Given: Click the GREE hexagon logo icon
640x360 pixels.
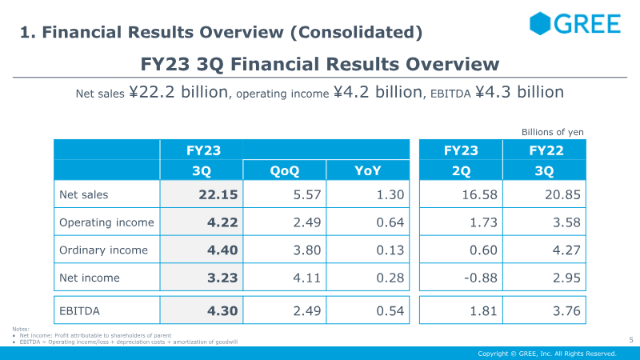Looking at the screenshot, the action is click(540, 23).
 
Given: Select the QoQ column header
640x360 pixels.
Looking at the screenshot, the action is click(285, 170).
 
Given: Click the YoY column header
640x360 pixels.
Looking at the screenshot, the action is click(368, 170).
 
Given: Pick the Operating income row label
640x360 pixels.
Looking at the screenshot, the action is click(106, 222).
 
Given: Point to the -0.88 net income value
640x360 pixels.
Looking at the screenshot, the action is click(481, 278).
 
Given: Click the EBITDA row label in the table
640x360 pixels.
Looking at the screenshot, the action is click(79, 311).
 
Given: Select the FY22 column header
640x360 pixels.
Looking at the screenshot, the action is click(546, 150).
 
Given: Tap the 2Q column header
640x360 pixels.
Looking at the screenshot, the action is click(462, 170).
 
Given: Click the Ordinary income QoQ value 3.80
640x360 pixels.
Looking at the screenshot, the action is click(307, 250).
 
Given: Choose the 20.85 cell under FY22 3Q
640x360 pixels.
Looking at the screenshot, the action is click(562, 194).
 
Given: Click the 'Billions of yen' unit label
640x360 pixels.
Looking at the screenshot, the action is click(553, 132).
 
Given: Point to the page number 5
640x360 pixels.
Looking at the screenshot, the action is click(631, 339).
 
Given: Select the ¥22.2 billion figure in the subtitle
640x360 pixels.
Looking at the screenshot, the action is click(178, 92).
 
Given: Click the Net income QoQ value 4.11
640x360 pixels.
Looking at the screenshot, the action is click(307, 278).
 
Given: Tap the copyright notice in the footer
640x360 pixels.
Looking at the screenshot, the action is click(547, 354).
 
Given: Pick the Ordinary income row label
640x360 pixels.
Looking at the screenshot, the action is click(103, 250).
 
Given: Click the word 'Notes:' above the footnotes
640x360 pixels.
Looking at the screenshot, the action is click(21, 329).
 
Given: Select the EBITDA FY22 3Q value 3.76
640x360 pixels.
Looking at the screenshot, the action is click(566, 311).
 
